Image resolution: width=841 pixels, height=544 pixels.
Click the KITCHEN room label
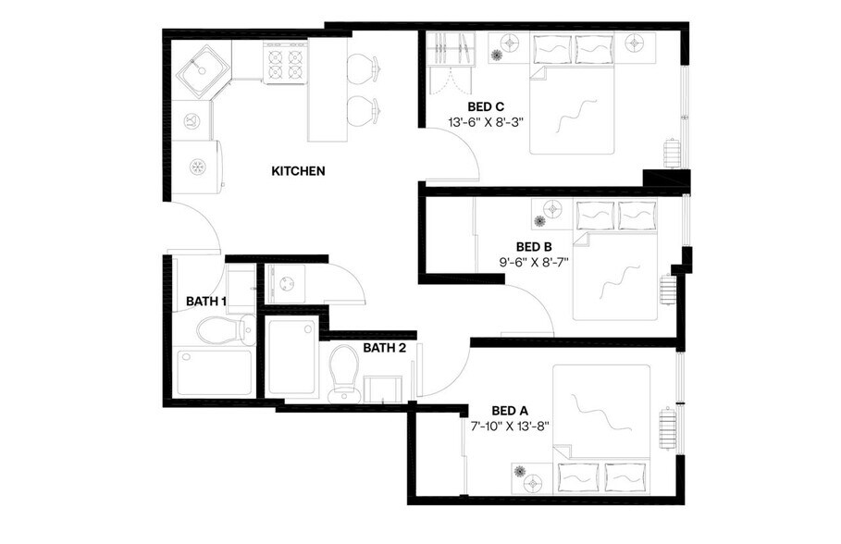[298, 171]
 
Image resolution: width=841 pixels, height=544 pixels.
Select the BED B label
[534, 246]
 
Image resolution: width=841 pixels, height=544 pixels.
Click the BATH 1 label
[205, 302]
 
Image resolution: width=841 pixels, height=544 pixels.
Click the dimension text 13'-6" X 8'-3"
[486, 122]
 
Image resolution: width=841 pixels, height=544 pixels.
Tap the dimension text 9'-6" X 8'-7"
[534, 262]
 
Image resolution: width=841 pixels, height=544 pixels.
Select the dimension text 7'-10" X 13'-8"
[510, 427]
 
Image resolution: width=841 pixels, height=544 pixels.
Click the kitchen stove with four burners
[285, 63]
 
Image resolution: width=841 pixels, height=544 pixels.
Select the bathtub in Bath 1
[214, 372]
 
